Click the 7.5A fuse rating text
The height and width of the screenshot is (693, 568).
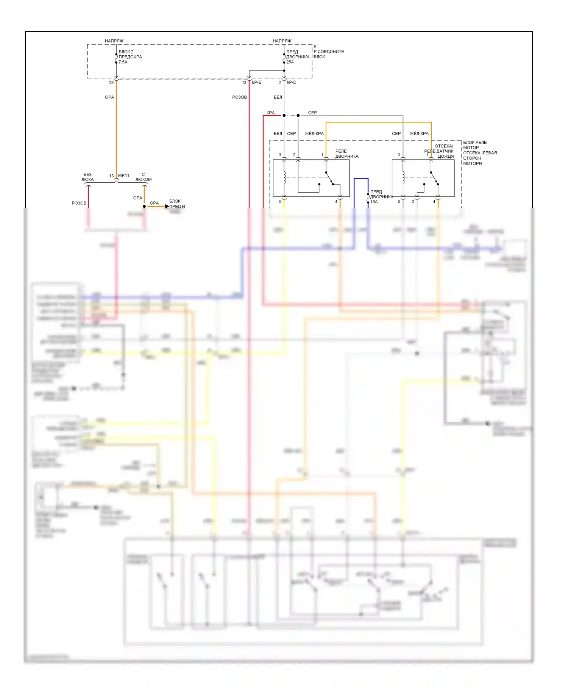(123, 62)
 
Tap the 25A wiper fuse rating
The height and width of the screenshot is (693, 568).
(290, 62)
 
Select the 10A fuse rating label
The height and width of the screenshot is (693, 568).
(374, 202)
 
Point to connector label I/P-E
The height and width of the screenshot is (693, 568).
(256, 82)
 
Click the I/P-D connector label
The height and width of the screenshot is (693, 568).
(291, 82)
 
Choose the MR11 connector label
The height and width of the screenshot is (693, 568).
(123, 176)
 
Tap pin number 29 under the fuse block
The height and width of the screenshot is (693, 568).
(111, 83)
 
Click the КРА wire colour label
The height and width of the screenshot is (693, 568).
(270, 113)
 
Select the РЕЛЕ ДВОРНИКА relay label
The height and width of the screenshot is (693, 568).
(346, 154)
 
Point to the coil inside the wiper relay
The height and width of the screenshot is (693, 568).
(284, 177)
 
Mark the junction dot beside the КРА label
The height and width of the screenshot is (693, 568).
(284, 115)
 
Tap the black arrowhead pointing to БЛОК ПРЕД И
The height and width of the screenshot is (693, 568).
(167, 206)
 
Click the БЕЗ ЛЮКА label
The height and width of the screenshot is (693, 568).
(87, 177)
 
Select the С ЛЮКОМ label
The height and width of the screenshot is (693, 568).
(144, 177)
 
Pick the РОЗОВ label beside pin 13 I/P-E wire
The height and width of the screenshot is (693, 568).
(239, 97)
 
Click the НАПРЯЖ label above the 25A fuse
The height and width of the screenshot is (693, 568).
(282, 41)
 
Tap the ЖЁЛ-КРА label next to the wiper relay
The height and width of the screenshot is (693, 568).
(314, 133)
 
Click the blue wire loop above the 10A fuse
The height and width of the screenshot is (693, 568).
(361, 179)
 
